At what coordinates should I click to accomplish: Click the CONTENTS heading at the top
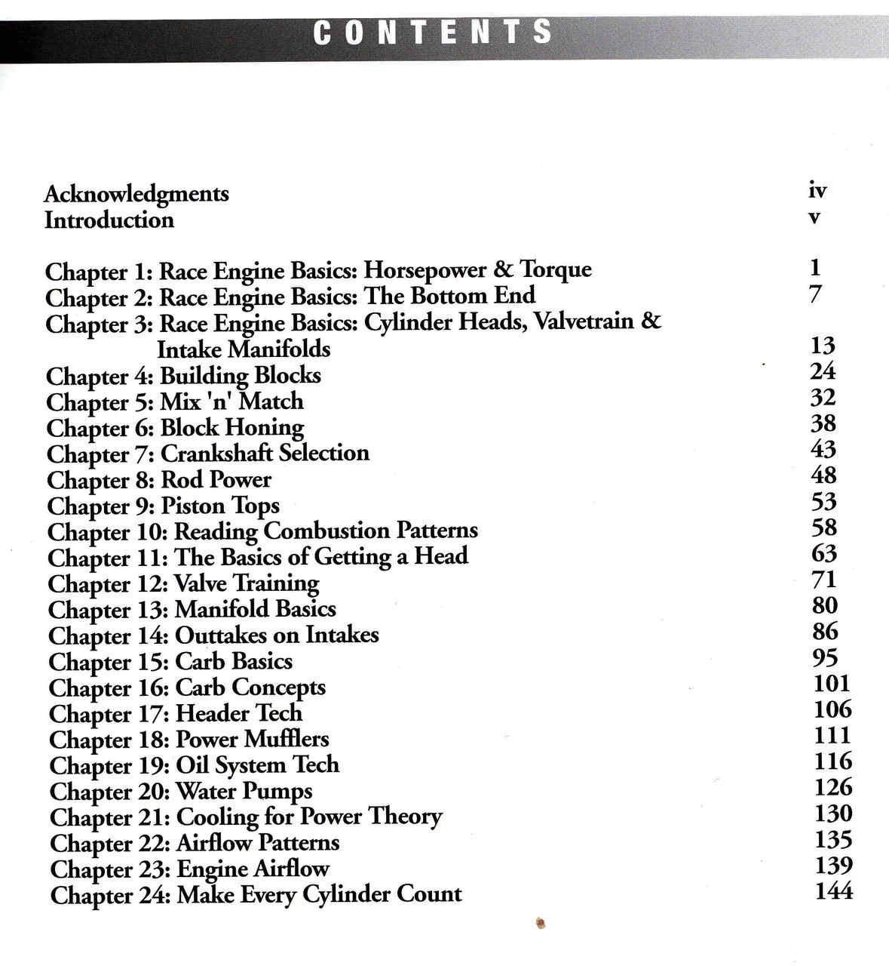432,32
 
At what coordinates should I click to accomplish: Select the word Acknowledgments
136,194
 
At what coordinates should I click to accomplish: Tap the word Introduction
109,220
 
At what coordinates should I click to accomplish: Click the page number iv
817,190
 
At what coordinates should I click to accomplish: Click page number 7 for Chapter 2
815,294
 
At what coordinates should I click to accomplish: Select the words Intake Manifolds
244,349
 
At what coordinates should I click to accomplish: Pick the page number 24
823,371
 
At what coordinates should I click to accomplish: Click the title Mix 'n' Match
232,401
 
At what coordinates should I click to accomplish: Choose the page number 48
823,475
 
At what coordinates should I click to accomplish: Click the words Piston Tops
220,505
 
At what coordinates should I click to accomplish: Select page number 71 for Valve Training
824,580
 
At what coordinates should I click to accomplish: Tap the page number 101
832,684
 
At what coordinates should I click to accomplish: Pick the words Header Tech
239,713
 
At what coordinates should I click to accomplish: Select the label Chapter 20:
110,792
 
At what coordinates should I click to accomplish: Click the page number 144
834,891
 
